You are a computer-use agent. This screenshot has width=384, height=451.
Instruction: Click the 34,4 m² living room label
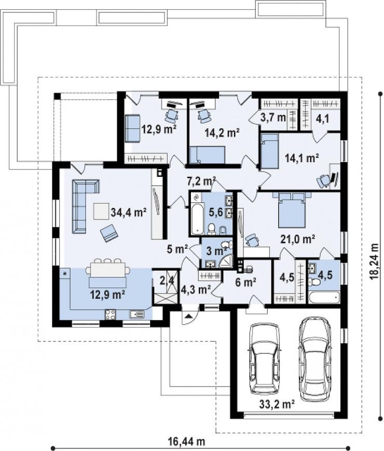tap(129, 213)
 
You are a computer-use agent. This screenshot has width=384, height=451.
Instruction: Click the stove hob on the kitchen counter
tap(111, 314)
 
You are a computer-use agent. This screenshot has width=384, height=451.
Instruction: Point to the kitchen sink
tap(136, 314)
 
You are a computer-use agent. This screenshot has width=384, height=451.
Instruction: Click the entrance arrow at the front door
tap(188, 316)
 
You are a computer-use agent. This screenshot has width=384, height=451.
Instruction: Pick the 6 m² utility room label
tap(245, 283)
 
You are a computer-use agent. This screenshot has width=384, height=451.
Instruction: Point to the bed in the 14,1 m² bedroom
tap(270, 151)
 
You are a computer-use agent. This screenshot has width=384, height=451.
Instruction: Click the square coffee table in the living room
tap(101, 211)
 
